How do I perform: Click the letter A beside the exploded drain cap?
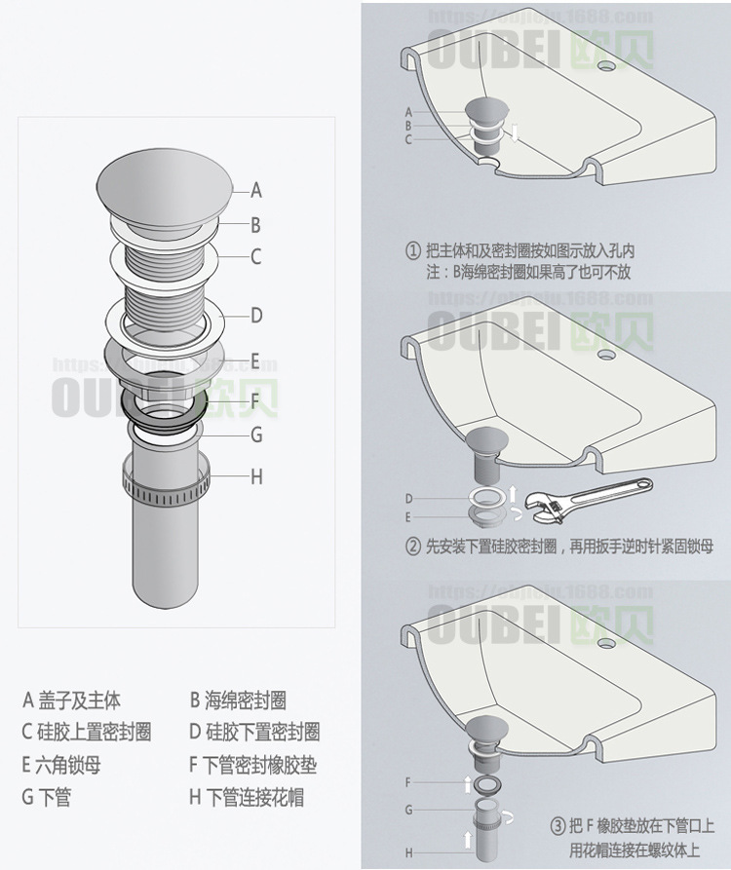[x=255, y=191]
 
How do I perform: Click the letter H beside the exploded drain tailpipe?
[x=256, y=476]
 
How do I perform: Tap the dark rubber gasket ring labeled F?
[x=163, y=401]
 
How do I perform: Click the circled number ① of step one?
[x=413, y=251]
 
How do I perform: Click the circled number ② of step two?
[x=413, y=547]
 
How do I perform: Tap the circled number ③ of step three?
[x=557, y=826]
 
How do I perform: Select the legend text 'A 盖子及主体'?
[x=72, y=700]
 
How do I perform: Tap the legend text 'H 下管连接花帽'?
[x=247, y=798]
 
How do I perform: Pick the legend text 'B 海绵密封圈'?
[x=238, y=700]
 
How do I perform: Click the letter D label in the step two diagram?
[x=409, y=499]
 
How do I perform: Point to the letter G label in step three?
[x=409, y=810]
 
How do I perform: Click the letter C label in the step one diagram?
[x=408, y=139]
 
